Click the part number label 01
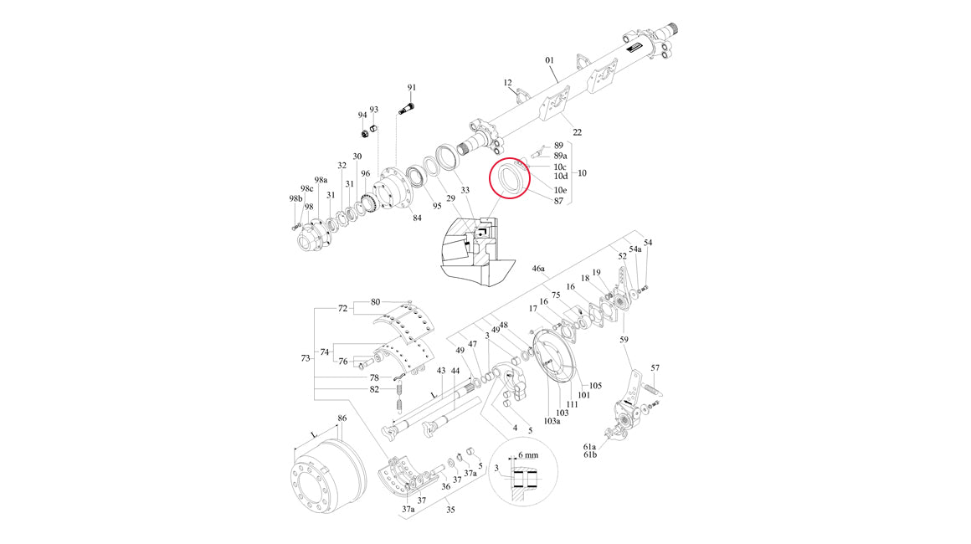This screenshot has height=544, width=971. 549,60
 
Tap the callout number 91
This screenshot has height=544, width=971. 412,88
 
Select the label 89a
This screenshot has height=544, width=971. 561,156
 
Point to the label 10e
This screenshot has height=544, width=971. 561,190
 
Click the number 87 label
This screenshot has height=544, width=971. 558,201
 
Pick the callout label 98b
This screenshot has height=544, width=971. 296,198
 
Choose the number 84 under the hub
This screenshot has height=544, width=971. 417,218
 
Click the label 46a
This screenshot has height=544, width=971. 539,269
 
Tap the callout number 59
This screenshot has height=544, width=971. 624,339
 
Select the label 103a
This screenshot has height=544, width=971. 552,422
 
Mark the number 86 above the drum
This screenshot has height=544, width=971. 342,418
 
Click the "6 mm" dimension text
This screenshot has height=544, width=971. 528,455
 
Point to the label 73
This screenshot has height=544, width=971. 306,358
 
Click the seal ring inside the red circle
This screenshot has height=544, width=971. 507,178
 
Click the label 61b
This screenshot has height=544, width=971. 590,455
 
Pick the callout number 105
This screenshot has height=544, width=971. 595,386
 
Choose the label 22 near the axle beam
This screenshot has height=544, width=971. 577,132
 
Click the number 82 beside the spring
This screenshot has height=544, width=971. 374,389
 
